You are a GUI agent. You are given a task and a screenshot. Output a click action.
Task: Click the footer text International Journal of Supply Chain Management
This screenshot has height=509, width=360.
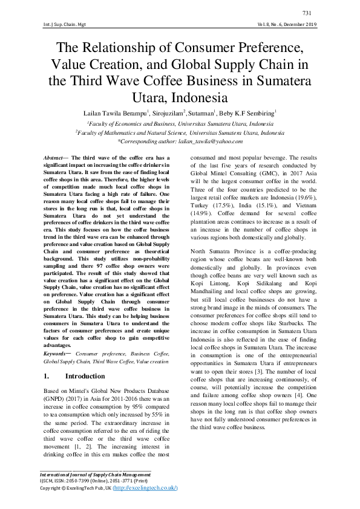(x=94, y=476)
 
